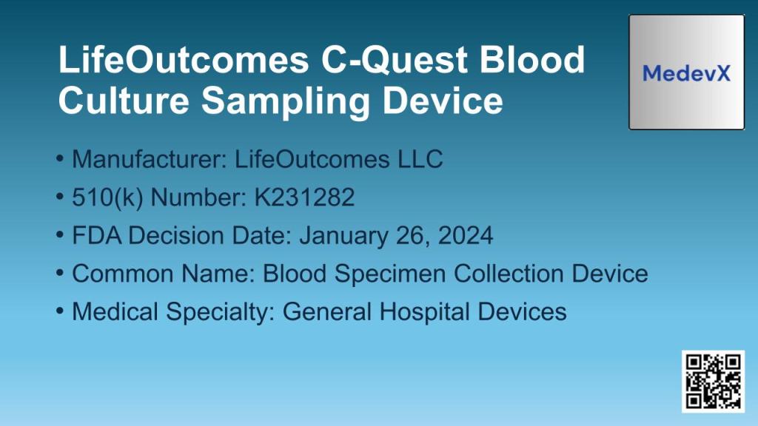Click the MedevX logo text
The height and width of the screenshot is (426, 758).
[686, 73]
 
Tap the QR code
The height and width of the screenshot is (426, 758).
[713, 381]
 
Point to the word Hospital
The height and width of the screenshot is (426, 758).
[424, 311]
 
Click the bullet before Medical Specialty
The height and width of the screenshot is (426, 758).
[60, 311]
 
